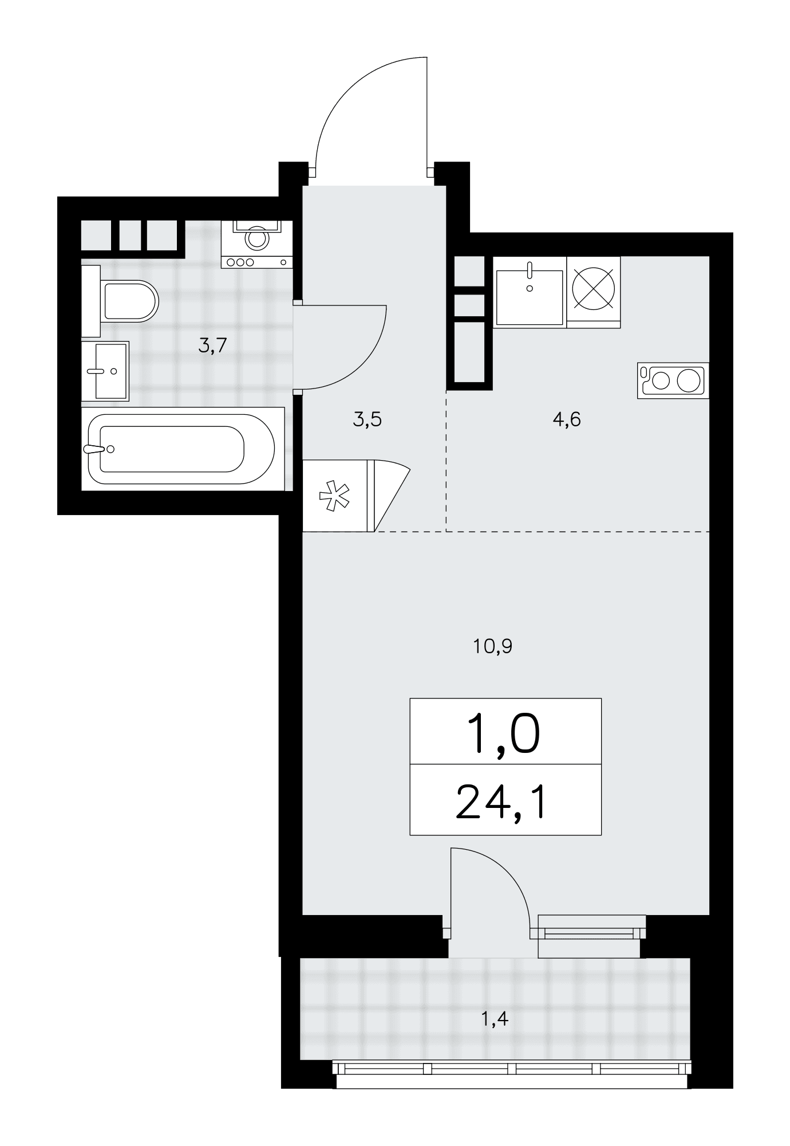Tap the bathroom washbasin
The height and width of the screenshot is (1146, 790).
[105, 371]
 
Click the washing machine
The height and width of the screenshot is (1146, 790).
[257, 243]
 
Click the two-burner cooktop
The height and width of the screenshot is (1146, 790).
[673, 380]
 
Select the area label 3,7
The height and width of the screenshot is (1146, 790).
[213, 345]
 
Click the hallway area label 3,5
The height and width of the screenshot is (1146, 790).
[367, 420]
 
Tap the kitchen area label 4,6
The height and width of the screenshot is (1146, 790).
[567, 420]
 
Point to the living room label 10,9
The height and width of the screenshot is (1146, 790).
[492, 646]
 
